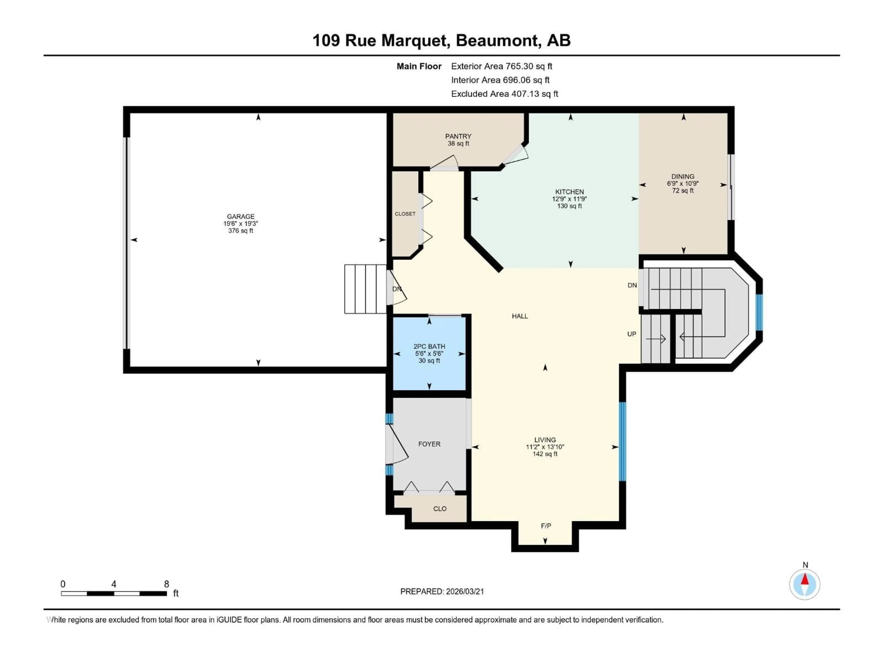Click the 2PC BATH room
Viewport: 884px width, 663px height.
pos(429,353)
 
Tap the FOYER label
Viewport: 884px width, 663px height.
pos(429,444)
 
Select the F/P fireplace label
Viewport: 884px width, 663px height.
pos(546,526)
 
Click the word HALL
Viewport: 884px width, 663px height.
pos(520,316)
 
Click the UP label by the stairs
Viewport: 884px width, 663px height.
pos(631,334)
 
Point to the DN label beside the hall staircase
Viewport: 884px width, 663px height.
pos(632,285)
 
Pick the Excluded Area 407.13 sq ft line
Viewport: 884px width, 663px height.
pos(504,94)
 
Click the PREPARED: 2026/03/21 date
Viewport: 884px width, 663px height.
pos(442,591)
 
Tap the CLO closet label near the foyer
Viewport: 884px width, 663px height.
pos(440,509)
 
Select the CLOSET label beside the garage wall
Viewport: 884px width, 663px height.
pos(405,214)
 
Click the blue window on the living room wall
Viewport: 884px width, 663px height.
pos(622,442)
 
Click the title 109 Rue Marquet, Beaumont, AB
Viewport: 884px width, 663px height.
pos(441,40)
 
